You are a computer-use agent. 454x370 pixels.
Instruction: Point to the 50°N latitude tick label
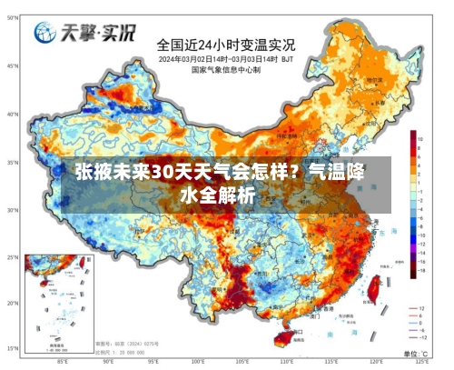pos(13,66)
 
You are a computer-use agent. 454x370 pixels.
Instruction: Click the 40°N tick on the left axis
pos(13,115)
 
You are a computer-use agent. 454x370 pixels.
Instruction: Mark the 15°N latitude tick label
pos(13,348)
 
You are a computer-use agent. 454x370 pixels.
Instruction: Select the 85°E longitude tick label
pos(62,361)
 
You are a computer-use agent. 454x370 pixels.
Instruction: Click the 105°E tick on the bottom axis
pos(242,361)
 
